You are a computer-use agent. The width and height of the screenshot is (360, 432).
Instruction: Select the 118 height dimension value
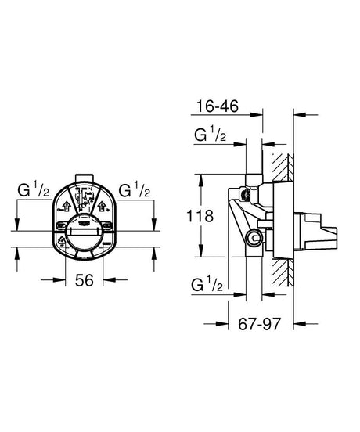tap(203, 217)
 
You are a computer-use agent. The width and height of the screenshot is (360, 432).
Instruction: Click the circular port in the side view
tap(251, 238)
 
